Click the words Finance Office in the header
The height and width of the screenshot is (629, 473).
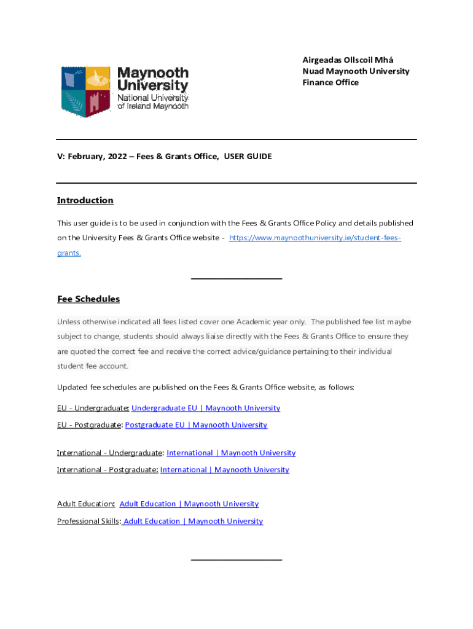coord(330,82)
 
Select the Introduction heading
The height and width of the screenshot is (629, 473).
coord(85,200)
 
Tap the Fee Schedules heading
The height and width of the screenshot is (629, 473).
coord(88,299)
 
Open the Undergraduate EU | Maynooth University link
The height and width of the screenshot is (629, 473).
coord(205,408)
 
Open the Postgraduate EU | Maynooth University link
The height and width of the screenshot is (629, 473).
coord(196,424)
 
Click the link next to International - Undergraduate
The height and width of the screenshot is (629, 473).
coord(230,453)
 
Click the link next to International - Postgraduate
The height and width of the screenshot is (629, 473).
coord(224,469)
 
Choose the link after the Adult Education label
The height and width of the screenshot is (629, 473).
coord(189,504)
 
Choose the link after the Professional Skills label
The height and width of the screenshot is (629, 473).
coord(192,521)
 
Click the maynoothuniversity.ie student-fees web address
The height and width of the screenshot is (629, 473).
coord(315,238)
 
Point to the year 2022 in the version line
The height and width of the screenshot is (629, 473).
coord(117,157)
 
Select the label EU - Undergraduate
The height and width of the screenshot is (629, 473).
coord(92,408)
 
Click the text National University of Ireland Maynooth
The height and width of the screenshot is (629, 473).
coord(152,102)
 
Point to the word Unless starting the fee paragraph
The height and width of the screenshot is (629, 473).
coord(69,322)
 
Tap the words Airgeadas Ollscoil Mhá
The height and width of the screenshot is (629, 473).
coord(348,60)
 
